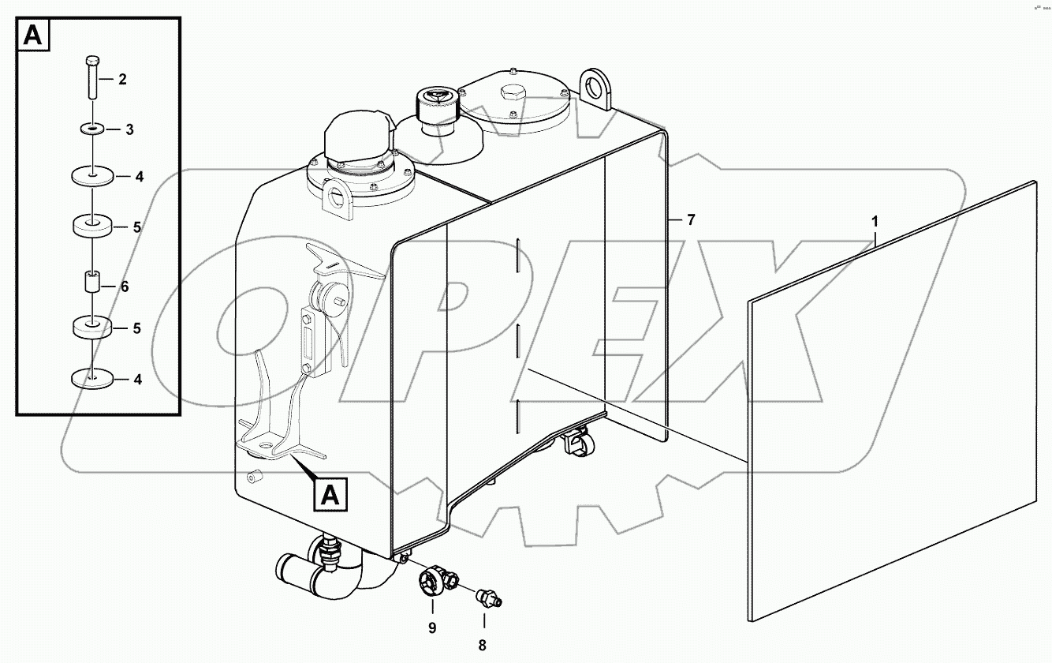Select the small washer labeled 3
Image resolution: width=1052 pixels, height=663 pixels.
tap(92, 127)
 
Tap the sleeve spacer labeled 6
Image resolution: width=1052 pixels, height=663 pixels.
tap(92, 283)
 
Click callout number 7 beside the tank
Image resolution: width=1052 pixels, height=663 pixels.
tap(691, 220)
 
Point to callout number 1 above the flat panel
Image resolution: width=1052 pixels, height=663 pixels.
tap(874, 223)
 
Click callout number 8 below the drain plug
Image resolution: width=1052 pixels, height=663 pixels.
tap(483, 645)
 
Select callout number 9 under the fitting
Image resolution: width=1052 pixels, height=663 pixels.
tap(432, 627)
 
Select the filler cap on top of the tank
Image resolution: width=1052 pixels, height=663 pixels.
tap(431, 103)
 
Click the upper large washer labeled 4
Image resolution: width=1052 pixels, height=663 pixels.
tap(92, 175)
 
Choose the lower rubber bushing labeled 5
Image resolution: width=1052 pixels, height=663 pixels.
tap(92, 327)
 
